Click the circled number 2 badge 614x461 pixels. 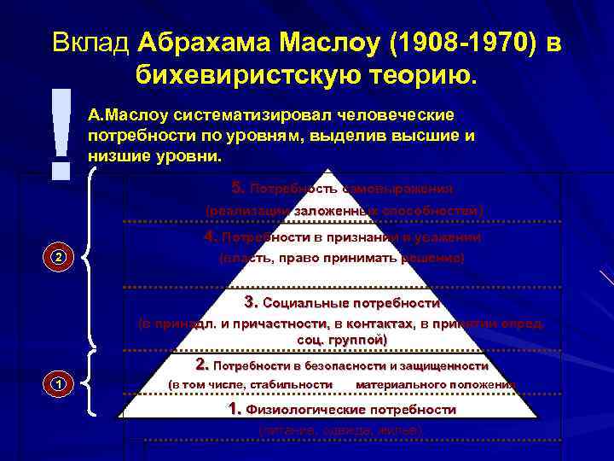57,257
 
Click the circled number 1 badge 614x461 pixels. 57,384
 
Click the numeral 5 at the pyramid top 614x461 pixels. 237,188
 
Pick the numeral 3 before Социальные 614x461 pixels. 251,302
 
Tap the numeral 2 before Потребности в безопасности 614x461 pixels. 202,365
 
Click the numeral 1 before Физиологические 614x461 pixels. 235,410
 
